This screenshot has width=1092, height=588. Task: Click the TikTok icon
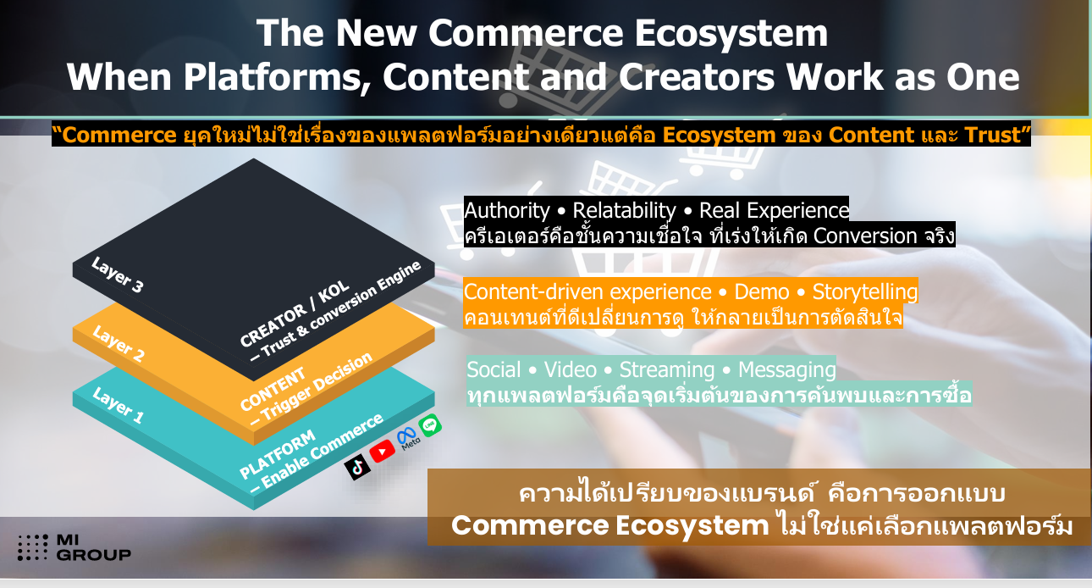click(x=357, y=467)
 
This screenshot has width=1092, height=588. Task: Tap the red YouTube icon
click(x=383, y=451)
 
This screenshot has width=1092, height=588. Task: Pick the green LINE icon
click(x=430, y=425)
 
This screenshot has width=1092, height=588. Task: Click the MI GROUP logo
click(x=74, y=547)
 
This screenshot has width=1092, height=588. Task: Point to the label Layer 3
click(x=118, y=275)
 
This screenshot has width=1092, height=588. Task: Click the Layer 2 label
click(x=118, y=343)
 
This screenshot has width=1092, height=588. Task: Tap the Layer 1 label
click(x=118, y=405)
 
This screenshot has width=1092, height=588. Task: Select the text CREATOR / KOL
click(x=295, y=313)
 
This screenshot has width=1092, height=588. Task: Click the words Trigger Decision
click(x=317, y=387)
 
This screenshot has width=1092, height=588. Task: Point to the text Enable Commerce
click(x=323, y=451)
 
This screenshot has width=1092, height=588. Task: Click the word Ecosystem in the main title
click(x=731, y=33)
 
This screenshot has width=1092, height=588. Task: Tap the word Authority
click(x=507, y=211)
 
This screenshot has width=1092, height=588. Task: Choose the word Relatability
click(x=624, y=211)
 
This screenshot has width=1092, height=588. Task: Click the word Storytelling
click(x=865, y=291)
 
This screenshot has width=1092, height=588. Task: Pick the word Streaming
click(x=667, y=369)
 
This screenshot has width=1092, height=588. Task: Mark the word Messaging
click(x=786, y=369)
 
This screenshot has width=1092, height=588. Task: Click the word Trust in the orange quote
click(x=993, y=135)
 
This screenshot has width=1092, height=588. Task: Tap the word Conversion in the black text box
click(x=865, y=236)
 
